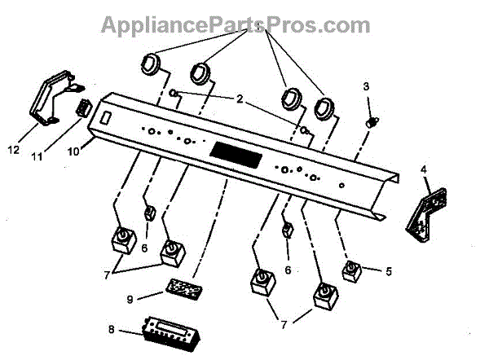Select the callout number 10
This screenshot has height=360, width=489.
(72, 151)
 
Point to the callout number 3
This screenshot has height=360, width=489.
(366, 86)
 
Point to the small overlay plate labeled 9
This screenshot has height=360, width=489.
(183, 288)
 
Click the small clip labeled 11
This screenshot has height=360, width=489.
(83, 108)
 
